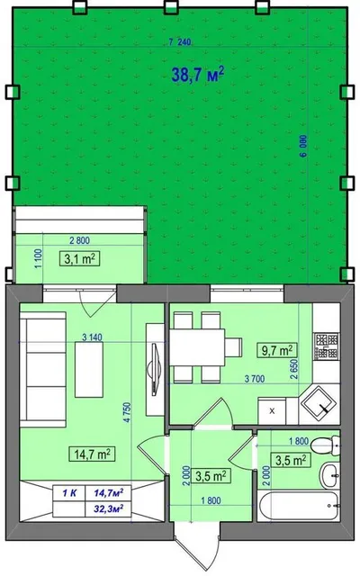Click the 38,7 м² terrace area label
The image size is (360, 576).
[198, 75]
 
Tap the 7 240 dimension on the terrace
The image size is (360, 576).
[180, 42]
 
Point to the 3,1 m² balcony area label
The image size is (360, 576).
[80, 259]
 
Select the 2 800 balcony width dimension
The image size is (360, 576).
[79, 240]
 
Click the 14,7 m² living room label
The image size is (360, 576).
[92, 454]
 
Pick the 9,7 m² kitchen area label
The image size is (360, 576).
[277, 350]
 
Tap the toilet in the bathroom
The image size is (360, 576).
[326, 445]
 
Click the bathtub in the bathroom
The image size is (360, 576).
[297, 506]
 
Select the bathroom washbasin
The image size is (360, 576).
[330, 474]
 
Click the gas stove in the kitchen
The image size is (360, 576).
[326, 346]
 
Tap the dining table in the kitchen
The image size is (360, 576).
[197, 347]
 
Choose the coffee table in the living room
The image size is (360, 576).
[89, 369]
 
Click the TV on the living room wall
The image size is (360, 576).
[152, 368]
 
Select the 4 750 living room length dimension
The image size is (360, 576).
[128, 412]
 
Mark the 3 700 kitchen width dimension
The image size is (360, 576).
[255, 379]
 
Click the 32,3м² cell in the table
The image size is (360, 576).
[108, 509]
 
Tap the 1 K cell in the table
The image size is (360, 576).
[69, 493]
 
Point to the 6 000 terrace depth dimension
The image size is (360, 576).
[303, 146]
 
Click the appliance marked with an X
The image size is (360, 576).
[272, 411]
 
